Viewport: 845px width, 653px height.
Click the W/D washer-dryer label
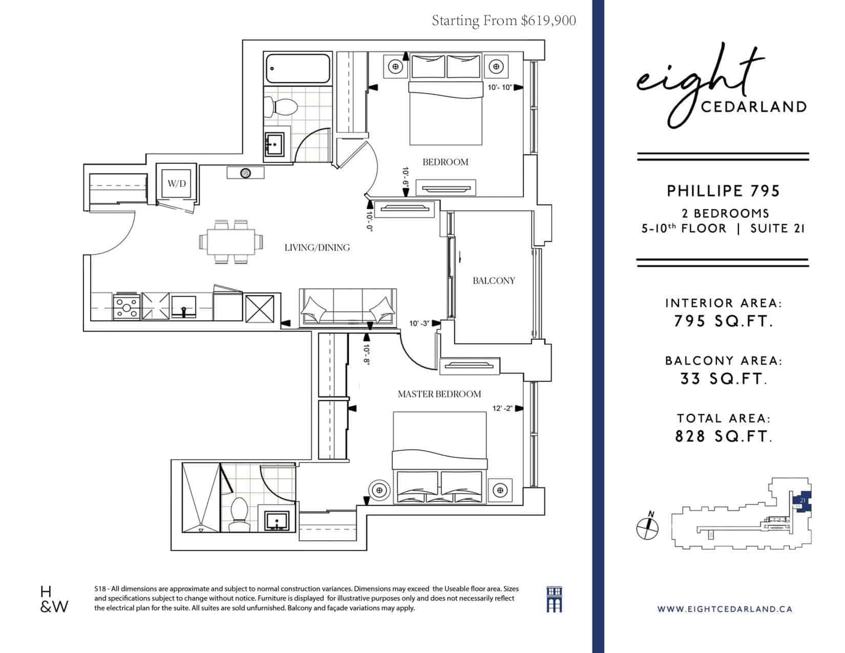pyautogui.click(x=177, y=183)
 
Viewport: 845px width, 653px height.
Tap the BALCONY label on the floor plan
pyautogui.click(x=494, y=281)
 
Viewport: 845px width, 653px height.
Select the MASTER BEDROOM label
pyautogui.click(x=439, y=394)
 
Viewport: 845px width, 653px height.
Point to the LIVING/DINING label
pyautogui.click(x=317, y=247)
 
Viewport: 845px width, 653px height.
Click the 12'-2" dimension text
pyautogui.click(x=502, y=408)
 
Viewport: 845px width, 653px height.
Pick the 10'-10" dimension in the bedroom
pyautogui.click(x=500, y=88)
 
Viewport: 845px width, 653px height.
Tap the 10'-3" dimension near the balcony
pyautogui.click(x=419, y=323)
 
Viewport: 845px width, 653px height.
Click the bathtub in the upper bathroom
pyautogui.click(x=298, y=69)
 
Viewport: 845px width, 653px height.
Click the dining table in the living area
pyautogui.click(x=231, y=242)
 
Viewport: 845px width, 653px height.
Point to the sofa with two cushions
pyautogui.click(x=348, y=308)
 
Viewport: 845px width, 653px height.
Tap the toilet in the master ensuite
pyautogui.click(x=239, y=514)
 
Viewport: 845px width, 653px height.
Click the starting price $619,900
pyautogui.click(x=548, y=20)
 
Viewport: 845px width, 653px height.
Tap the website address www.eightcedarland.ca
pyautogui.click(x=725, y=609)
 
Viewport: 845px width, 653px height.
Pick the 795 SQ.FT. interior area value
pyautogui.click(x=723, y=321)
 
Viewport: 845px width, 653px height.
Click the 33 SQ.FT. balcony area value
pyautogui.click(x=723, y=379)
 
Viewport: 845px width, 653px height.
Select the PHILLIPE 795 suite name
pyautogui.click(x=723, y=191)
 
